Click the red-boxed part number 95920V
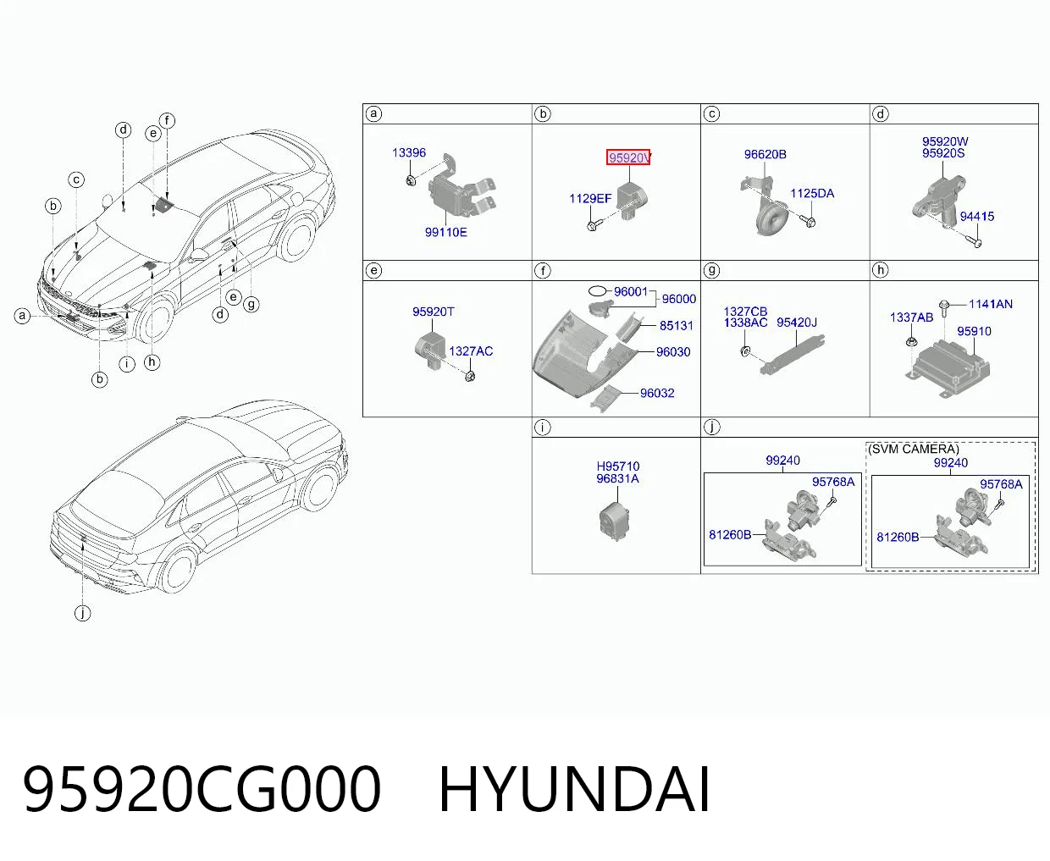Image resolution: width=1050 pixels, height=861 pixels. (x=628, y=157)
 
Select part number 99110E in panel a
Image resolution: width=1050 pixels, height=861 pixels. (x=445, y=233)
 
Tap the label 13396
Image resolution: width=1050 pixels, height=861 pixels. (x=409, y=152)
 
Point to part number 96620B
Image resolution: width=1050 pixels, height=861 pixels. (x=765, y=154)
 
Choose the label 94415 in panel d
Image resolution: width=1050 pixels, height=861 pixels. (x=977, y=217)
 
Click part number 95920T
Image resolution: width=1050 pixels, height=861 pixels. (x=434, y=312)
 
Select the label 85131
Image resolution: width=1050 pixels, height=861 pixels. (x=676, y=325)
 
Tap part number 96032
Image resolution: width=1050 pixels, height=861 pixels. (x=657, y=393)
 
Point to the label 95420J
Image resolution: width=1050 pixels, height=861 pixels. (x=797, y=323)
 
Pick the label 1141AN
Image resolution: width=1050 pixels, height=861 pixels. (x=990, y=304)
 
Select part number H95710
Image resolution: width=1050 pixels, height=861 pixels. (x=618, y=466)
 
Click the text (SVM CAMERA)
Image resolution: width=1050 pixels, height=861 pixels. (x=913, y=449)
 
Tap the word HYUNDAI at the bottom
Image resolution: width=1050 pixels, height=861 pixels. (x=574, y=791)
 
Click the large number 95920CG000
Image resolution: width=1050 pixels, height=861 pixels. (x=202, y=791)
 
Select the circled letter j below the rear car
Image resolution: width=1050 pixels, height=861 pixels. (x=83, y=613)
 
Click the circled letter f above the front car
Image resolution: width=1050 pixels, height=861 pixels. (x=167, y=120)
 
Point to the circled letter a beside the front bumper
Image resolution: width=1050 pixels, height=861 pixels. (x=22, y=316)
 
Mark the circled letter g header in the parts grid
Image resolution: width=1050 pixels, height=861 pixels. (x=711, y=270)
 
